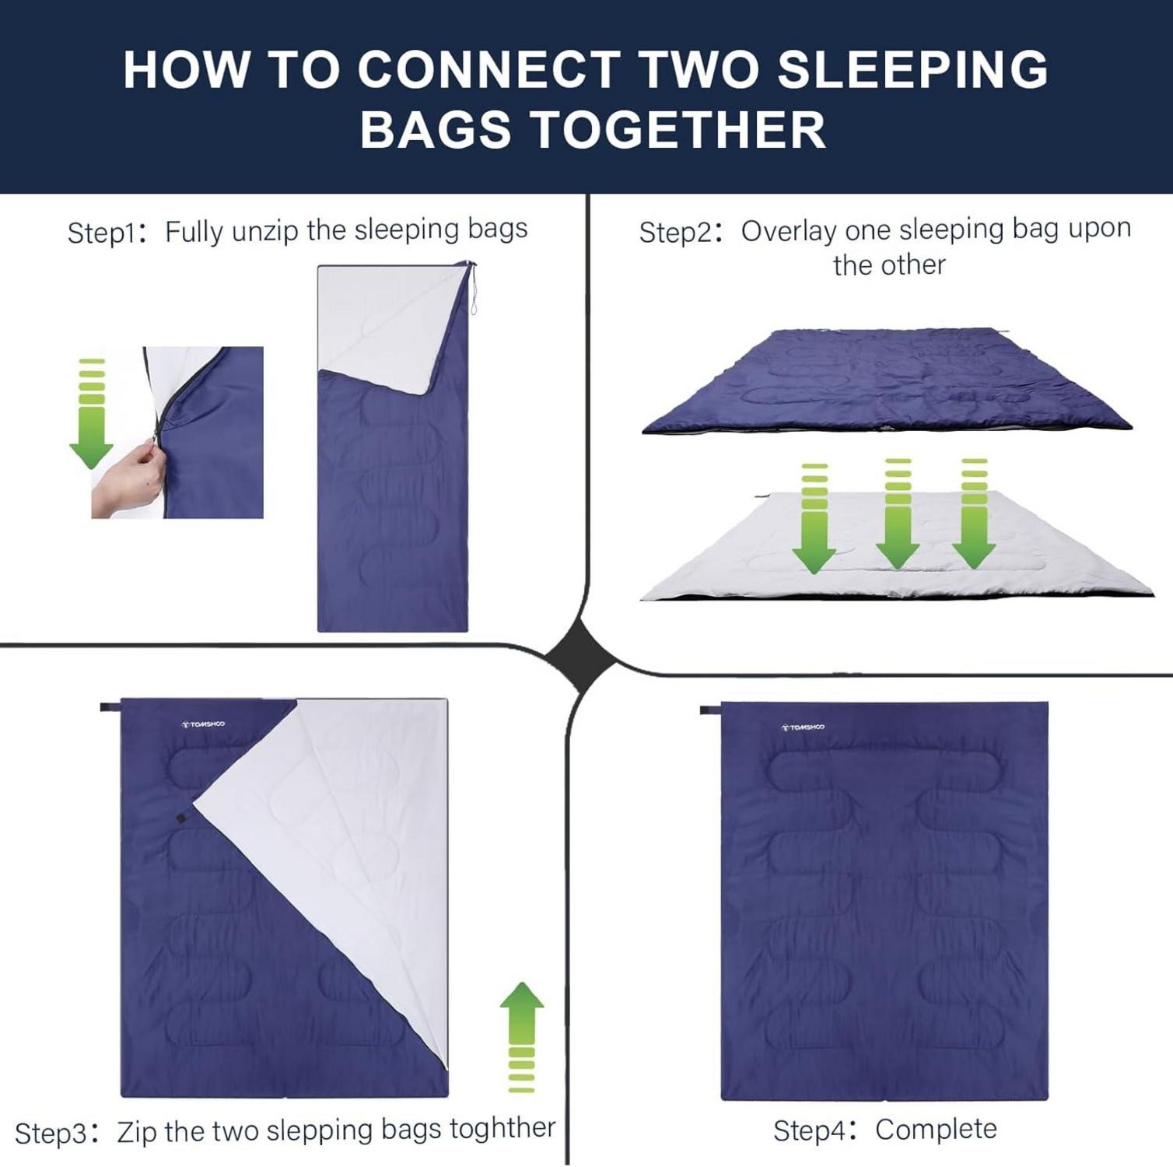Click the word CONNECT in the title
(x=489, y=69)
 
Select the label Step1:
(x=107, y=233)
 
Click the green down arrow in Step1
(x=92, y=413)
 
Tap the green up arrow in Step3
(x=521, y=1037)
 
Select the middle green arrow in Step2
(x=898, y=513)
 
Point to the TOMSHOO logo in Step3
(x=203, y=724)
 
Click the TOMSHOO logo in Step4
(x=803, y=727)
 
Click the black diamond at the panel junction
(x=582, y=660)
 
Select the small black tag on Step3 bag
(x=180, y=819)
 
